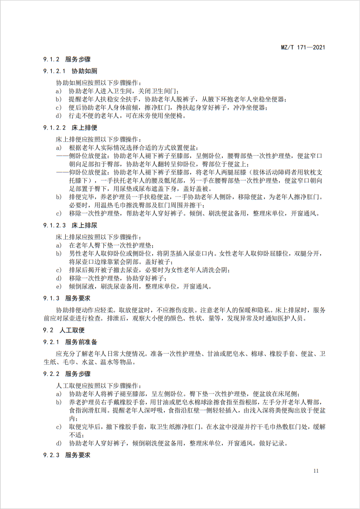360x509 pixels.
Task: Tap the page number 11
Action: click(x=316, y=471)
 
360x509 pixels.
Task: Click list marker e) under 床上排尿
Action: click(x=58, y=286)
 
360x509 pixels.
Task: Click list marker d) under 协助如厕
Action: click(x=58, y=115)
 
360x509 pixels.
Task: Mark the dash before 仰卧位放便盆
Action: click(x=62, y=173)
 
